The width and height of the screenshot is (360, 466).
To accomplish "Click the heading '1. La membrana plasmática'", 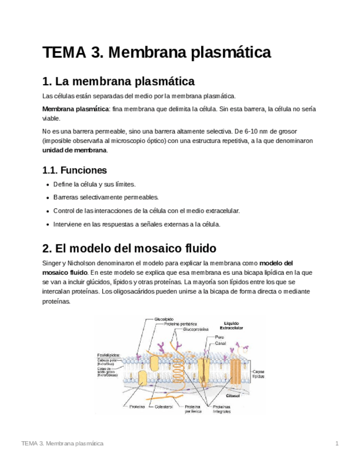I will (x=118, y=82).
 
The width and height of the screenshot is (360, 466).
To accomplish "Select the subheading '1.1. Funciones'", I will (x=74, y=170).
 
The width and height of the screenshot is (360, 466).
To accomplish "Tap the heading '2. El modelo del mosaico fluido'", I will (x=129, y=247).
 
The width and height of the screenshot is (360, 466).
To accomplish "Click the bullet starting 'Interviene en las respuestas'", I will (x=136, y=224).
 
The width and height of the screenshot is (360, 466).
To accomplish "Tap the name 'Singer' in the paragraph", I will (x=52, y=263).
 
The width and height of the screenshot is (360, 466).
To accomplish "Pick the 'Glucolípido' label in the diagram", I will (x=164, y=319).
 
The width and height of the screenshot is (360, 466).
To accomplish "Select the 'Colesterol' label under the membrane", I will (x=164, y=407).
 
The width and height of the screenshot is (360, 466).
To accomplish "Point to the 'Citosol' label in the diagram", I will (x=234, y=394).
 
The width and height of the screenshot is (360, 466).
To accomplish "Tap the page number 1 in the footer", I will (x=336, y=443).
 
